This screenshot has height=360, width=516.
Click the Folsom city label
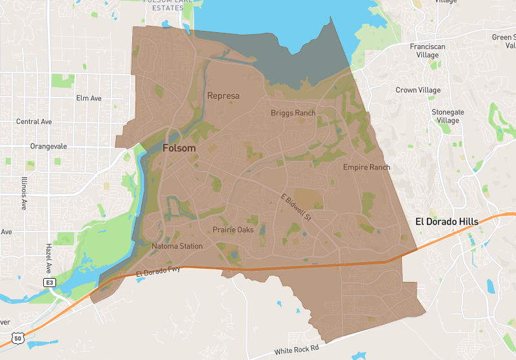(179, 148)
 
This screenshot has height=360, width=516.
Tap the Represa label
(224, 96)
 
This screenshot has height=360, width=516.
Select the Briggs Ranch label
(293, 113)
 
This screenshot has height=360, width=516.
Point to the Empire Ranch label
(366, 167)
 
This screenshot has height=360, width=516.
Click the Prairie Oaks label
(233, 230)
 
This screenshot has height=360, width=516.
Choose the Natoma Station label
(177, 246)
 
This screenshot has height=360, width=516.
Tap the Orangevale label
(48, 146)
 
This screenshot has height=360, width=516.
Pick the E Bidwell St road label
(296, 208)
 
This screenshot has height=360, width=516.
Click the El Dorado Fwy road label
(159, 273)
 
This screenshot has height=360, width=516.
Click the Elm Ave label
(89, 98)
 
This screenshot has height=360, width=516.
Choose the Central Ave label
(34, 121)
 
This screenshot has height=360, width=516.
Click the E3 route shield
(48, 283)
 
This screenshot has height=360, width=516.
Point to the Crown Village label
(418, 90)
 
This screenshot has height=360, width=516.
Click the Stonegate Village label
(448, 116)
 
